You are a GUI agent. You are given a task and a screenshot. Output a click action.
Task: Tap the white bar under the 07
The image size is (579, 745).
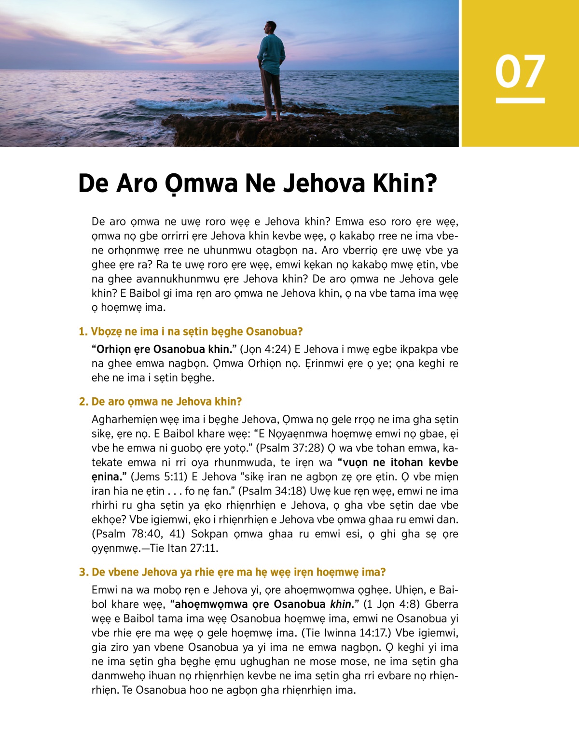point(520,100)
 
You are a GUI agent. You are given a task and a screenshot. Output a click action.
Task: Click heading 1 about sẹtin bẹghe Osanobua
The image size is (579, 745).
point(191,332)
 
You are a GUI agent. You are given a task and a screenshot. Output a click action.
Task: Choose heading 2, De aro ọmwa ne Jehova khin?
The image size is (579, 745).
point(160,402)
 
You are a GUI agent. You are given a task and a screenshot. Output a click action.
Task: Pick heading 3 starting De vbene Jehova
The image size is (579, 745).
point(232,572)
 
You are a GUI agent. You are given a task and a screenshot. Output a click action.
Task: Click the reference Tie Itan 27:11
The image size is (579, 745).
point(184,548)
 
